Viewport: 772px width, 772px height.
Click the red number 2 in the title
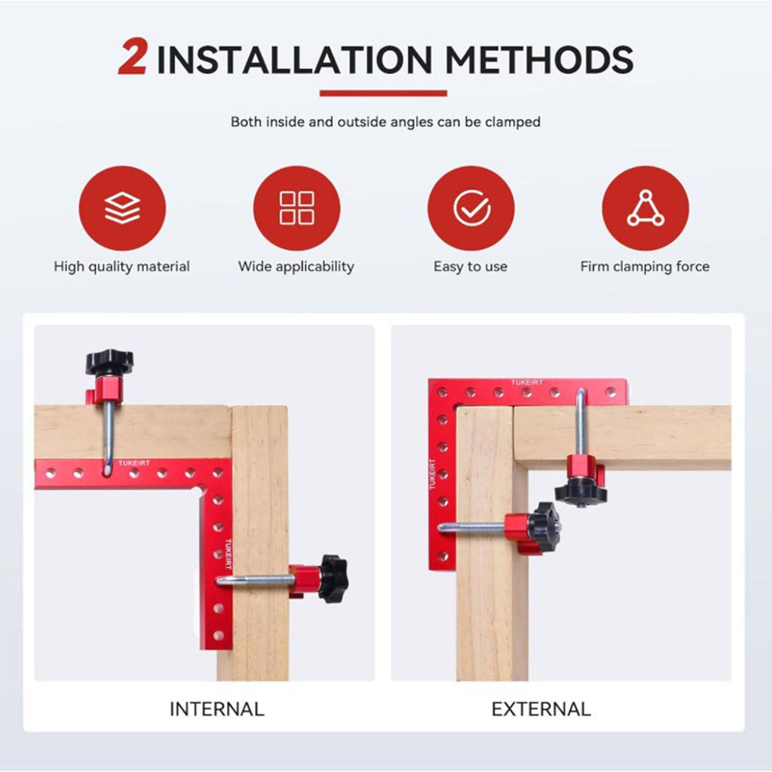pos(133,57)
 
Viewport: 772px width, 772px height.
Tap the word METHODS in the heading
pos(539,60)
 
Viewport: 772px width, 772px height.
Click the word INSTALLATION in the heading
pos(294,60)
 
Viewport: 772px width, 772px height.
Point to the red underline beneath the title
pos(383,93)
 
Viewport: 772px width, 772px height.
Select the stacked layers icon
pos(122,208)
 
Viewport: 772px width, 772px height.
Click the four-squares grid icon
pos(296,208)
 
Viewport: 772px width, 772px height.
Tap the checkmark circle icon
pos(471,208)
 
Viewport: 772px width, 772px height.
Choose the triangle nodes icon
pos(645,208)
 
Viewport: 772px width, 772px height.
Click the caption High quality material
pos(121,266)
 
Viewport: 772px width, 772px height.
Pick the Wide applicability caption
pos(296,266)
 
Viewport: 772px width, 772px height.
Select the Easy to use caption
pos(470,266)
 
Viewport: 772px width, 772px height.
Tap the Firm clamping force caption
pos(645,266)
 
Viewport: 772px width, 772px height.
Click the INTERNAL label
pos(216,709)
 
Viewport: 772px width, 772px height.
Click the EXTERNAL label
pos(541,709)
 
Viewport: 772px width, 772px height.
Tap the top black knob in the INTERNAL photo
pos(109,362)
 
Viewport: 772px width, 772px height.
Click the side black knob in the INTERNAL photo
pos(333,578)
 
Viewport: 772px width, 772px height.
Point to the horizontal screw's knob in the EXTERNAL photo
pos(544,527)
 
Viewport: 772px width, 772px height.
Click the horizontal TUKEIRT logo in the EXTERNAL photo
pos(527,382)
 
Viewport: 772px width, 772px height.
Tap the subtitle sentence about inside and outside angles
pos(385,121)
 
